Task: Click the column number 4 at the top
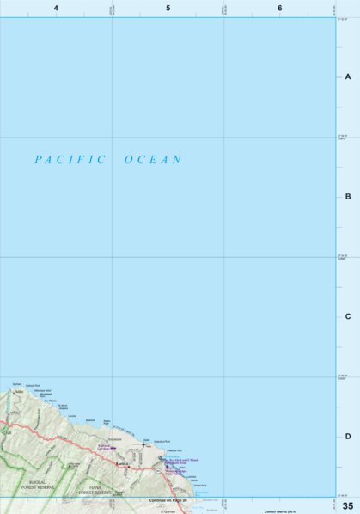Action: pyautogui.click(x=56, y=8)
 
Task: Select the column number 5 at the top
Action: pyautogui.click(x=168, y=8)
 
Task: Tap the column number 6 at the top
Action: pyautogui.click(x=280, y=8)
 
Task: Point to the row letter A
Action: pyautogui.click(x=348, y=76)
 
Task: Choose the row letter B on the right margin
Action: pyautogui.click(x=348, y=197)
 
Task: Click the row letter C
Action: pyautogui.click(x=348, y=316)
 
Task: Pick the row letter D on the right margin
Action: pyautogui.click(x=348, y=437)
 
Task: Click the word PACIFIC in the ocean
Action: pyautogui.click(x=70, y=159)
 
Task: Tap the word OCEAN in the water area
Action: pyautogui.click(x=154, y=159)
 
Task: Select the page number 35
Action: pyautogui.click(x=348, y=505)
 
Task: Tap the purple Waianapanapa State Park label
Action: pyautogui.click(x=181, y=471)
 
